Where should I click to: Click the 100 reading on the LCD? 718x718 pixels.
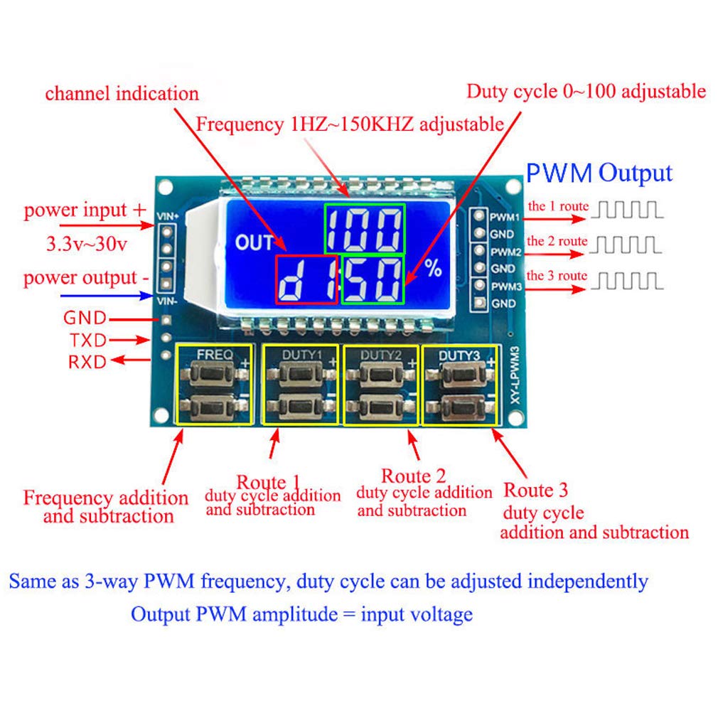[365, 229]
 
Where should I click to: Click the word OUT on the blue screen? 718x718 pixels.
[254, 244]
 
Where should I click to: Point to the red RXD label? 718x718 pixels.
[87, 362]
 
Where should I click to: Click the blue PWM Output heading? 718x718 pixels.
[599, 173]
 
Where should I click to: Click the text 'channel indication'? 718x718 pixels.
[122, 93]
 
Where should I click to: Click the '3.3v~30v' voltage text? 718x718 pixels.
[86, 244]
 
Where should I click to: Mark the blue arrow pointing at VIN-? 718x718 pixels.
[107, 294]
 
